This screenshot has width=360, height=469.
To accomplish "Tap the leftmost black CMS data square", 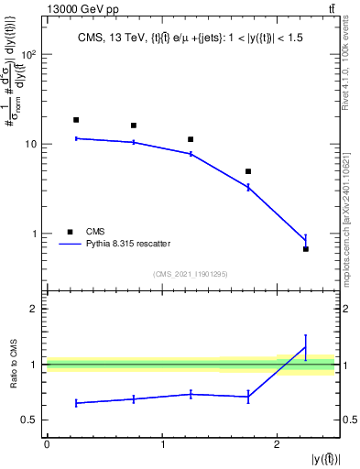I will [x=76, y=120].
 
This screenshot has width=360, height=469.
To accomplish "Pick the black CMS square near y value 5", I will [x=248, y=171].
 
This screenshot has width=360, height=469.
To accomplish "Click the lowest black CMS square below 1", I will [x=306, y=249].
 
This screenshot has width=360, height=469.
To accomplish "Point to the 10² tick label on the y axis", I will [x=27, y=54].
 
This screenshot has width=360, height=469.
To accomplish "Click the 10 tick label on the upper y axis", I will [x=29, y=144].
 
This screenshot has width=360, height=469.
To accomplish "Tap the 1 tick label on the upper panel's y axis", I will [x=34, y=234].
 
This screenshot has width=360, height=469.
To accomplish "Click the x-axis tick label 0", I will [x=47, y=444].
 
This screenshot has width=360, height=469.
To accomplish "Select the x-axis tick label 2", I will [x=278, y=444].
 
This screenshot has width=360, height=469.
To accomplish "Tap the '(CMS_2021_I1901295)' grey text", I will [x=191, y=274].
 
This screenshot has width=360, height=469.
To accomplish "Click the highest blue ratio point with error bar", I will [x=306, y=347].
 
